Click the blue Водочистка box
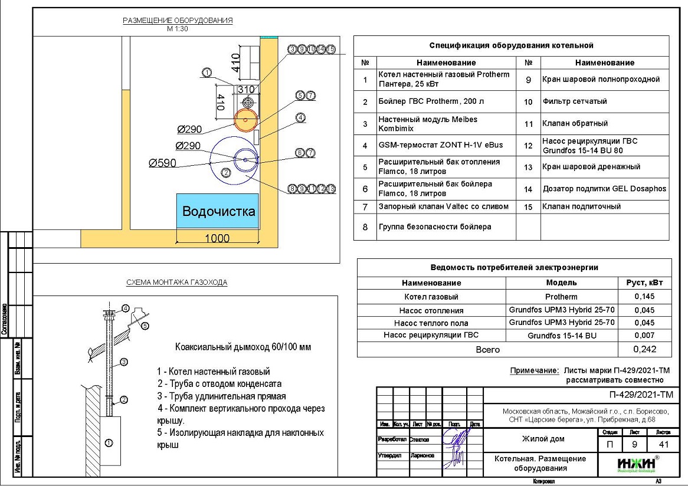pos(218,211)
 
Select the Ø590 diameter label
pos(162,163)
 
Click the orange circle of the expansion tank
pos(244,120)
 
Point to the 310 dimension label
pos(247,90)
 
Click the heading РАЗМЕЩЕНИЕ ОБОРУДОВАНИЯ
pos(178,21)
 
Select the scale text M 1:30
pos(177,28)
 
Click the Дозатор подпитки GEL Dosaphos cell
pos(604,189)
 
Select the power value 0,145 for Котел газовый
pos(644,297)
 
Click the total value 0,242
pos(644,349)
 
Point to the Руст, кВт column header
pos(644,283)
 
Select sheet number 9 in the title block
pos(634,444)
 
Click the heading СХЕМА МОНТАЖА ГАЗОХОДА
pos(177,283)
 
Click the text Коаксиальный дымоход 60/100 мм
pos(243,347)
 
